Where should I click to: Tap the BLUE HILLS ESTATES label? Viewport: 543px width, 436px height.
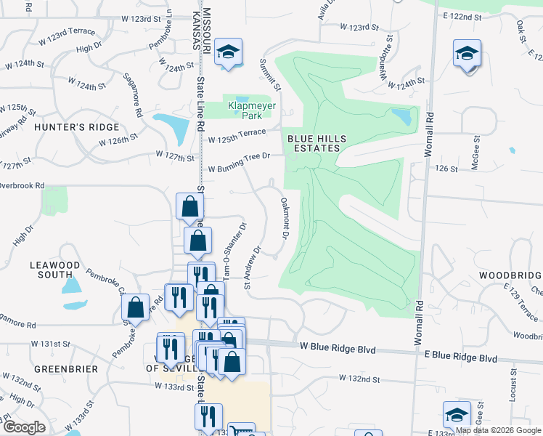tap(313, 142)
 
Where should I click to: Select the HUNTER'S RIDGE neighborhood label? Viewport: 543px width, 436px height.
tap(75, 126)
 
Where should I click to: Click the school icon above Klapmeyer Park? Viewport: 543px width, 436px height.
tap(228, 52)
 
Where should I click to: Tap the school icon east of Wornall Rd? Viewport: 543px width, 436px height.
tap(467, 53)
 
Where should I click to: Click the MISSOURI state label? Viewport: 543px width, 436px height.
tap(206, 29)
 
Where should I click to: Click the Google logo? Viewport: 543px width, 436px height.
tap(24, 427)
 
